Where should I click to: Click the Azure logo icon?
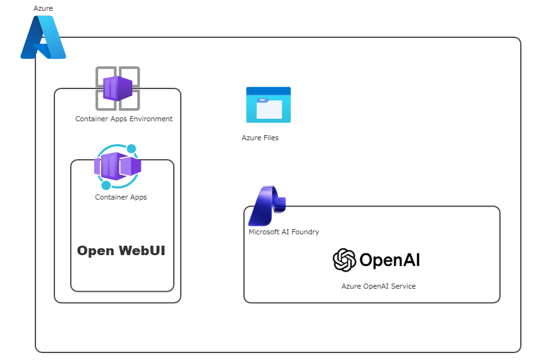tap(43, 38)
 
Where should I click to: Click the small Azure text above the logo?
tap(44, 8)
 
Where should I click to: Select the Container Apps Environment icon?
tap(118, 88)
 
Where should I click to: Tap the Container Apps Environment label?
tap(124, 119)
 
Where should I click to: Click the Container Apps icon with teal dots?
tap(118, 167)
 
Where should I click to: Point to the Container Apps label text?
tap(121, 197)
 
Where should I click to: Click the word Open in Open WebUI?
tap(95, 251)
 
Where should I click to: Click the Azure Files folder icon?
tap(268, 105)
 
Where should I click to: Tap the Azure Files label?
tap(260, 138)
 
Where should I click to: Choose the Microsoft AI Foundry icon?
tap(266, 206)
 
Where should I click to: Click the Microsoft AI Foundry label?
tap(284, 232)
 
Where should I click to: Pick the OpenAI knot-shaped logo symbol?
tap(344, 260)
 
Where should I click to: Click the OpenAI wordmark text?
tap(389, 260)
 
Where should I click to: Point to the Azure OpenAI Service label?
tap(379, 286)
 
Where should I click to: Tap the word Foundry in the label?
tap(306, 232)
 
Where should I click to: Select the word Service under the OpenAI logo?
tap(403, 286)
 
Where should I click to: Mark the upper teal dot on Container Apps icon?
tap(131, 149)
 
